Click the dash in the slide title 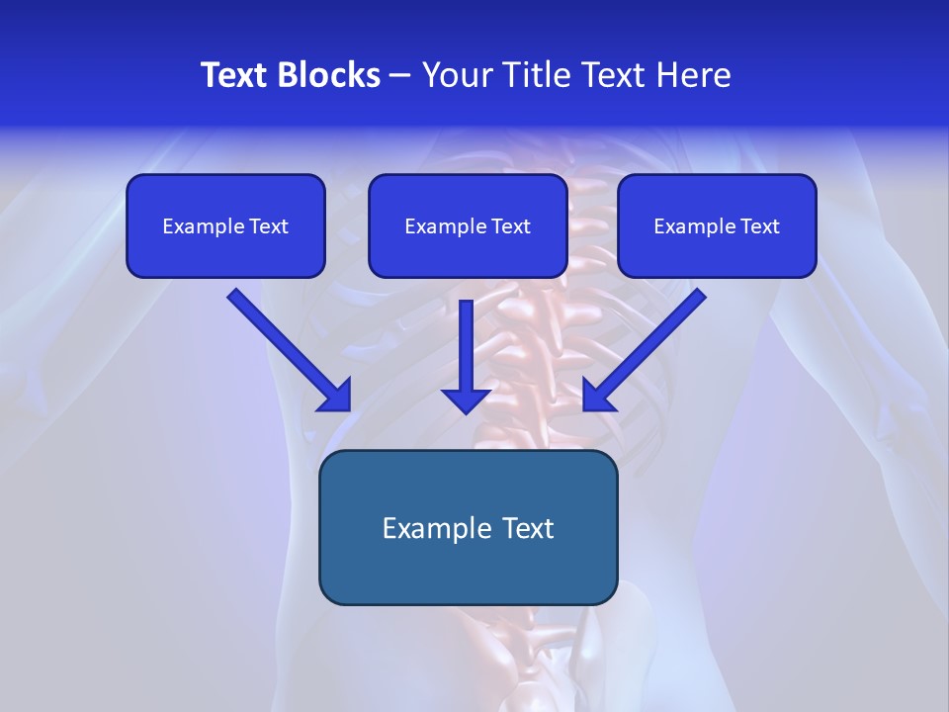tap(400, 75)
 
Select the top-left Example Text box tap(225, 225)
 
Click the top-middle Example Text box tap(468, 225)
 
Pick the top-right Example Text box tap(717, 225)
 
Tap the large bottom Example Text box tap(469, 527)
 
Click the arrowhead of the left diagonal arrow tap(336, 396)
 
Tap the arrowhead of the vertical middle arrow tap(467, 400)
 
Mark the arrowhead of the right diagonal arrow tap(598, 396)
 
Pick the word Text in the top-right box tap(760, 226)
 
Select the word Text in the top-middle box tap(511, 226)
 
